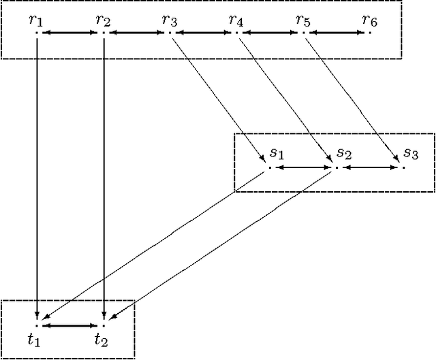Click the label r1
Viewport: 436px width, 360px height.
(x=36, y=20)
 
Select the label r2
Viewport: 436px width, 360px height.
(x=103, y=20)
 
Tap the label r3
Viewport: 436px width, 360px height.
(x=170, y=20)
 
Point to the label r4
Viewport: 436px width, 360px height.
(x=236, y=20)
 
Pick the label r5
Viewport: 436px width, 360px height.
(x=303, y=20)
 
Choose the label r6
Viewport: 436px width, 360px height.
(x=370, y=20)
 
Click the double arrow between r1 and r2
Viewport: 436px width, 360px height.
(x=69, y=33)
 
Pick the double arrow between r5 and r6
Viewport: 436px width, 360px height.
(x=337, y=33)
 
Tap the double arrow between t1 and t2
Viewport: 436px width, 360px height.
(x=69, y=326)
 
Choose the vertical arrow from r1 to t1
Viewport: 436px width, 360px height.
(x=36, y=177)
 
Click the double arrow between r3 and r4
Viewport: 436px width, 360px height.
(x=203, y=33)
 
